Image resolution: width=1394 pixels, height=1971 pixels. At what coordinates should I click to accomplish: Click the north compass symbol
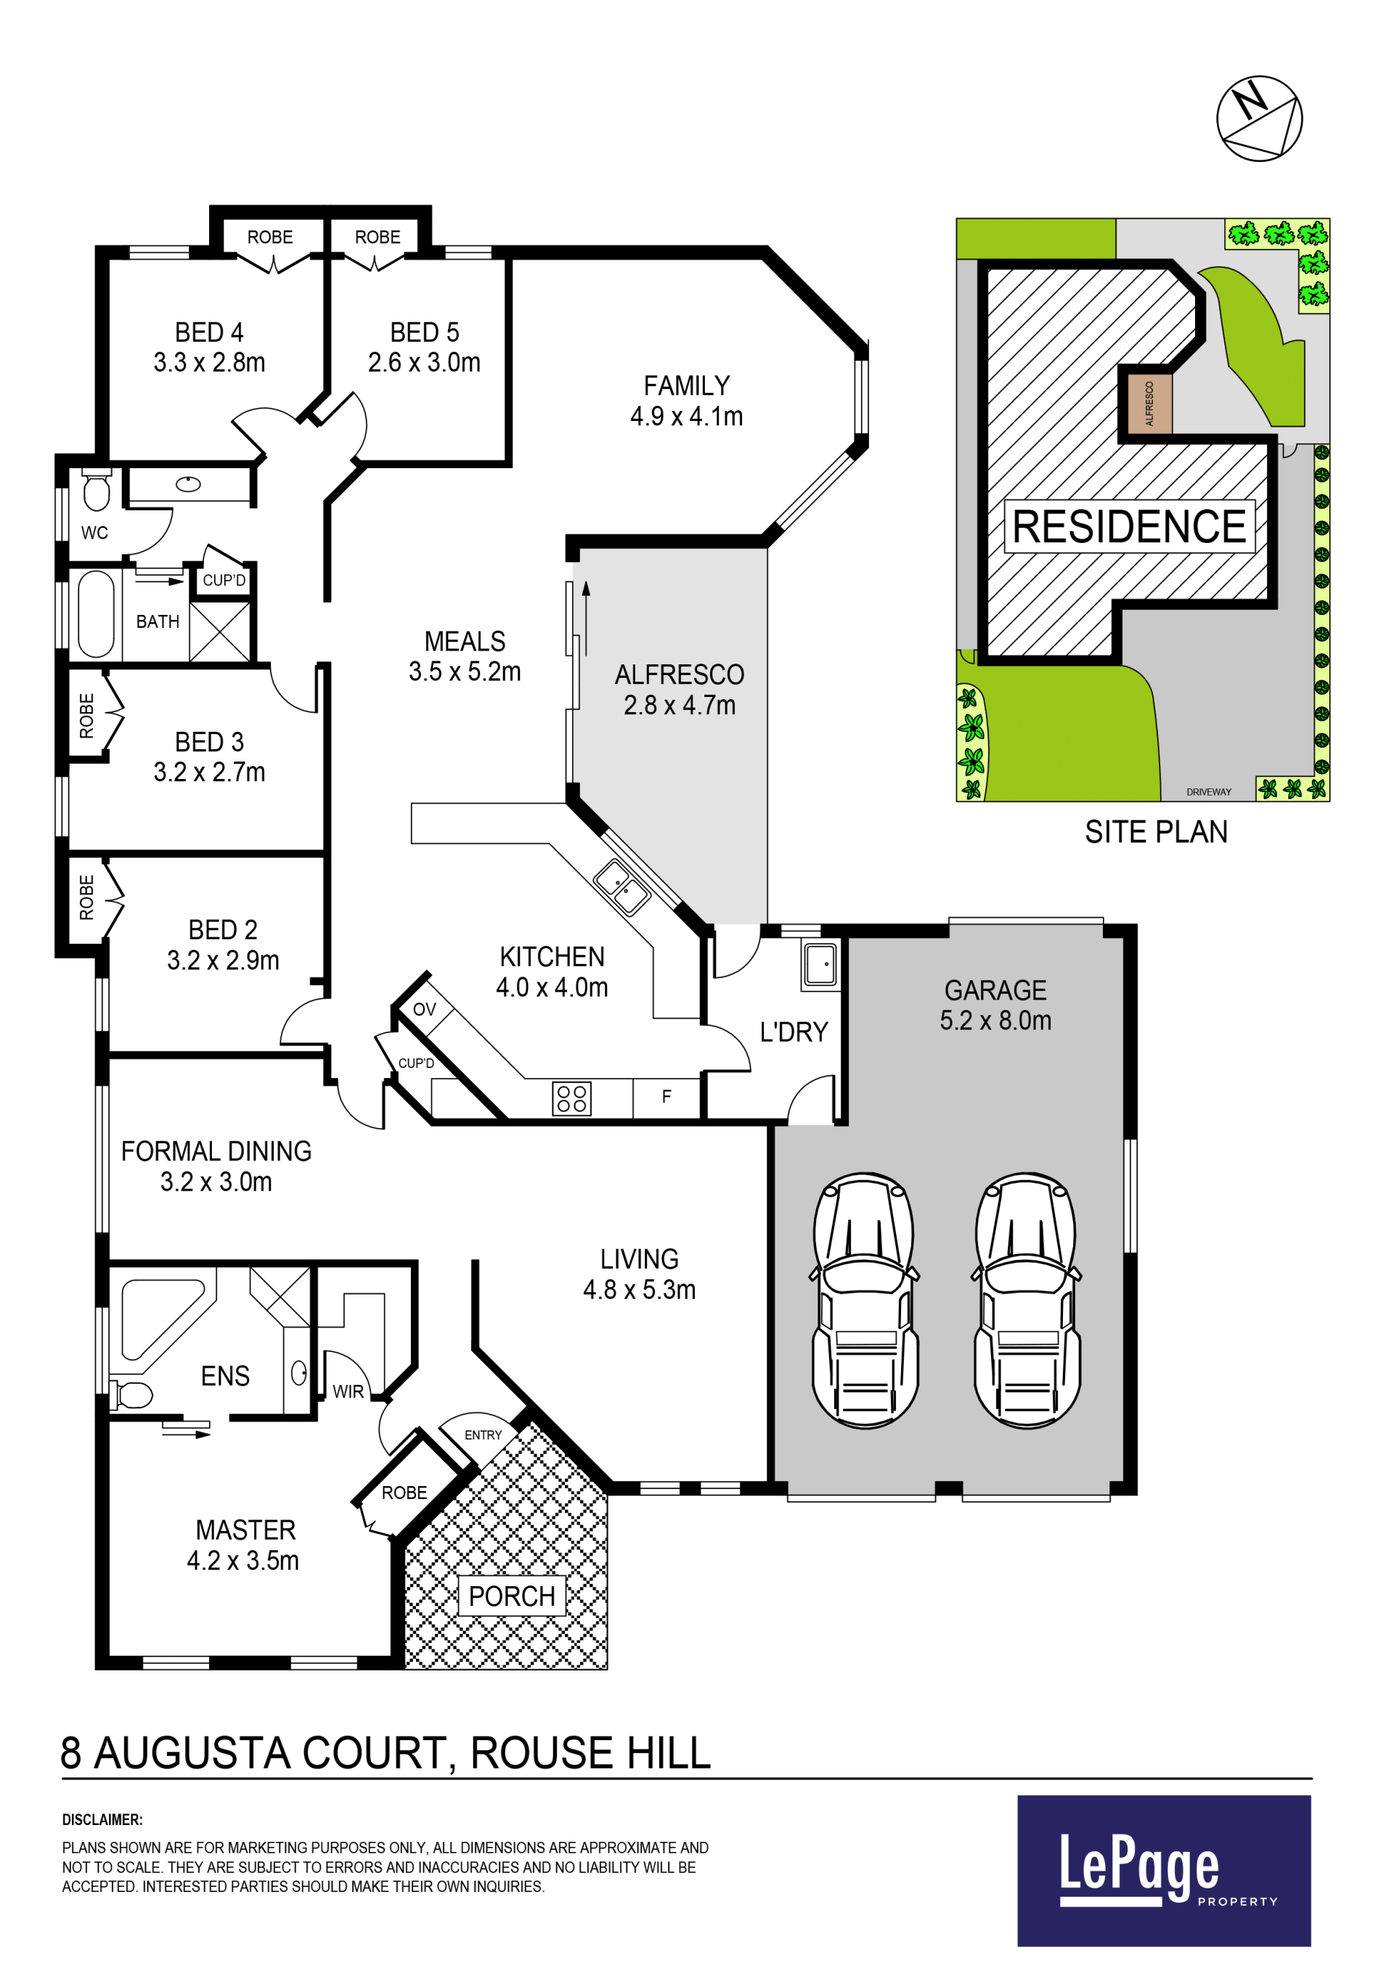(1259, 118)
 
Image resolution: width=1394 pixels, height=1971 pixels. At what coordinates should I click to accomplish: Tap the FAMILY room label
(687, 385)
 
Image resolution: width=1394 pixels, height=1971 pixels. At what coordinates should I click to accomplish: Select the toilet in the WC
(96, 490)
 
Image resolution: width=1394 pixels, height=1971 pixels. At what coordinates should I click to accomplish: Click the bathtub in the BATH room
(95, 613)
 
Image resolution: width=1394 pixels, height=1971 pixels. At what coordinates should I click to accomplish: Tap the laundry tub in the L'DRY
(820, 964)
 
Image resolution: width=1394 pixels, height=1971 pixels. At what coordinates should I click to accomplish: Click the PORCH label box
(512, 1596)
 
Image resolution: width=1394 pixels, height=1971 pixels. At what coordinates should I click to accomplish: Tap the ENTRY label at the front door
(484, 1435)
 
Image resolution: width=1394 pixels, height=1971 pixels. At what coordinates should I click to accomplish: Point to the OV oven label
(424, 1010)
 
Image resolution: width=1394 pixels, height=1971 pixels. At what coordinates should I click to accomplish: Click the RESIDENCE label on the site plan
(1129, 526)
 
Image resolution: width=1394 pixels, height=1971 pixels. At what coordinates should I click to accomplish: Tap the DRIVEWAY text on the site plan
(1209, 792)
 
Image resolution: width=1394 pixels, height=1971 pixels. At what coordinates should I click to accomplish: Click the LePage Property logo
(1164, 1871)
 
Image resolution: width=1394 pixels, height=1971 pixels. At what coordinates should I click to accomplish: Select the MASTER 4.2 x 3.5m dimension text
(243, 1561)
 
